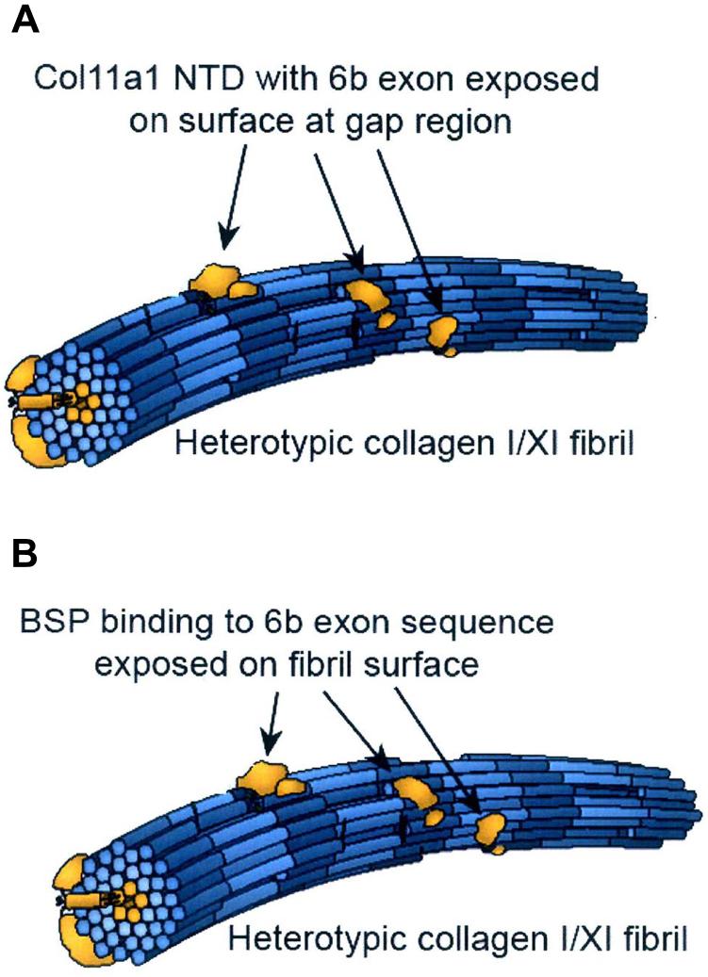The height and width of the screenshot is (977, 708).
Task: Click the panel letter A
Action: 25,22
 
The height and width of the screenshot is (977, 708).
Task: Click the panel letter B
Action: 25,555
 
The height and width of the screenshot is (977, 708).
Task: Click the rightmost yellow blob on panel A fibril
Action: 441,333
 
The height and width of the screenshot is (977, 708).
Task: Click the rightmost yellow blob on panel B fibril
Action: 490,832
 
